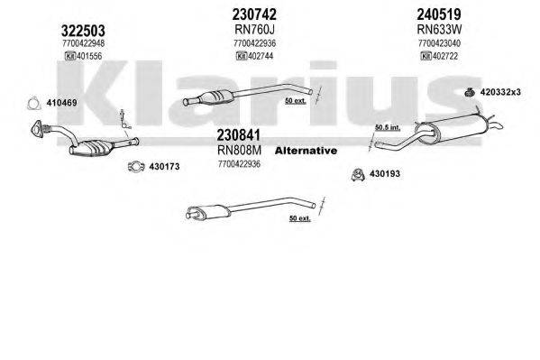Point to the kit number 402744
pos(258,56)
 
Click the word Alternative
pos(305,150)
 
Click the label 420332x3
pos(504,93)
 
